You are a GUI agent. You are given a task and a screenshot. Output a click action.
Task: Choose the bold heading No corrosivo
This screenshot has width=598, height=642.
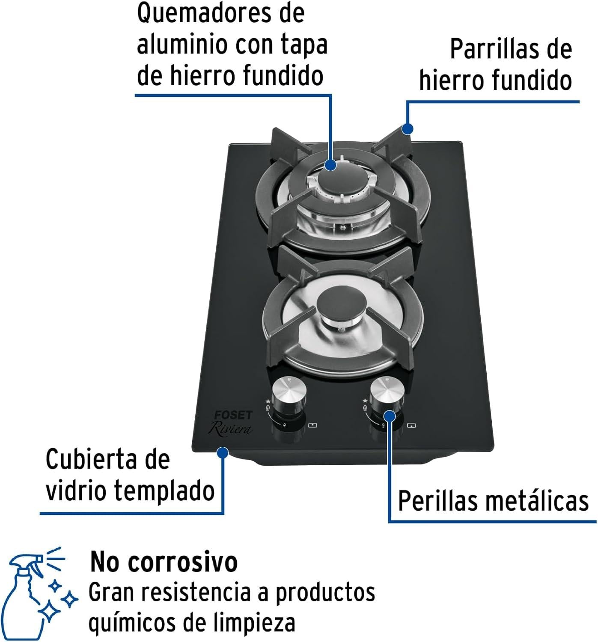click(x=164, y=562)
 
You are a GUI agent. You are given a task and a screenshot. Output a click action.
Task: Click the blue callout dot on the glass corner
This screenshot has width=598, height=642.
click(x=222, y=452)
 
